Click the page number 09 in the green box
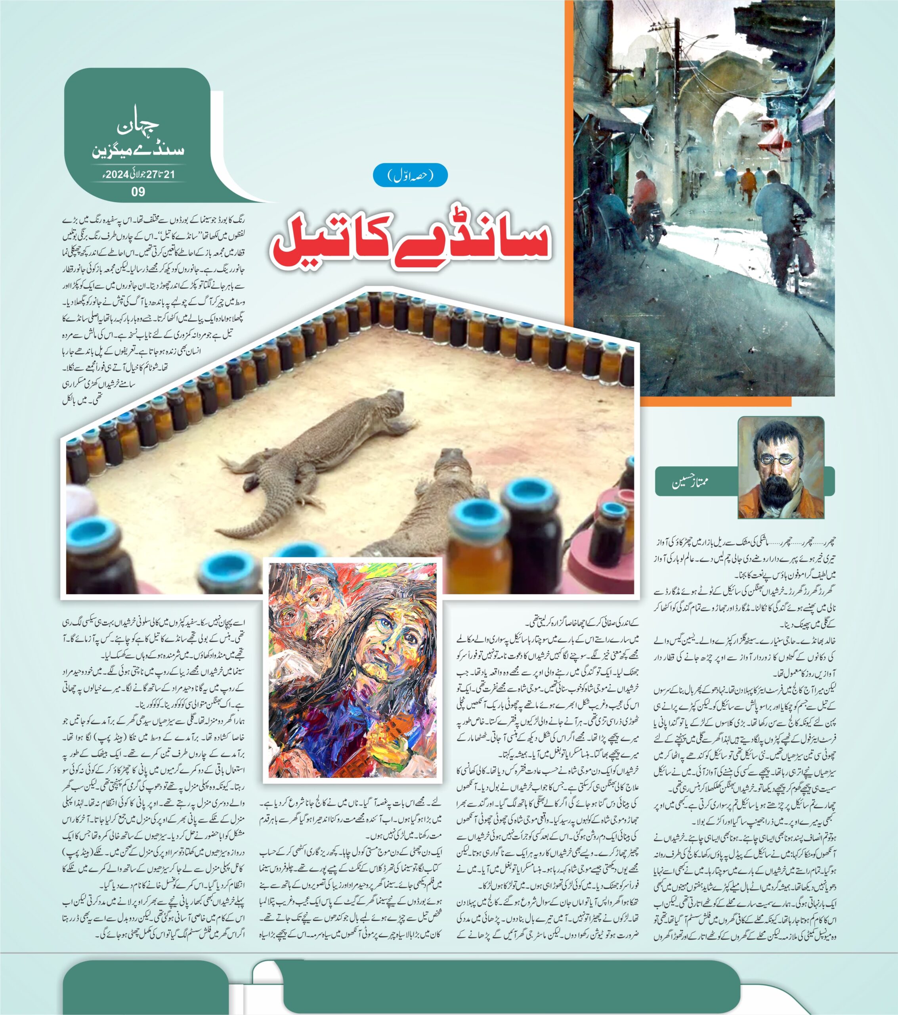pyautogui.click(x=138, y=192)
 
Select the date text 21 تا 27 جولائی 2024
pyautogui.click(x=138, y=174)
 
